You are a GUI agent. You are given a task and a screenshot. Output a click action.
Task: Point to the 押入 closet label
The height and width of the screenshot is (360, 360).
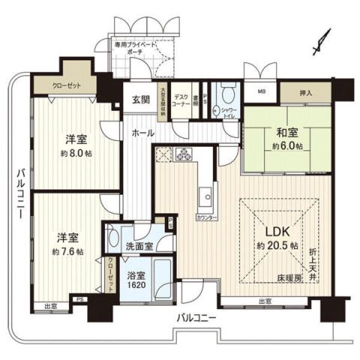coord(306,93)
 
